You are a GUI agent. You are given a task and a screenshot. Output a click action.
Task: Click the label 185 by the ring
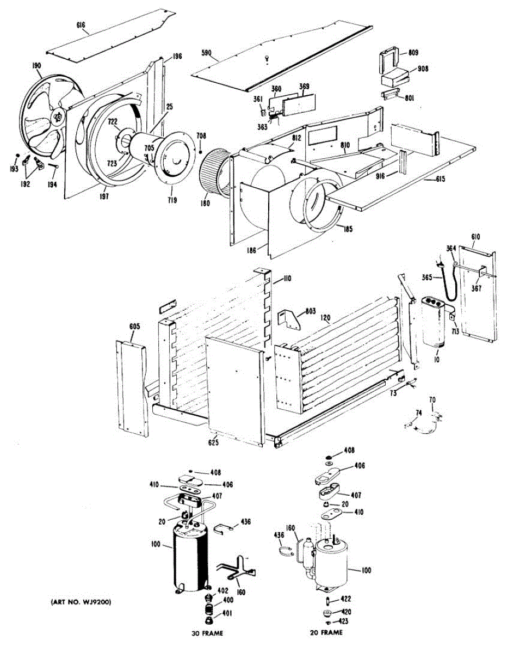click(348, 230)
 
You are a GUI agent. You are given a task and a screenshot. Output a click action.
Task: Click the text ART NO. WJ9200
click(82, 602)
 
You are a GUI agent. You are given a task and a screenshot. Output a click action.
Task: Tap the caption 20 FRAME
click(326, 633)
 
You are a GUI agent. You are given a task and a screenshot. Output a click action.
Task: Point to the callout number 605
click(135, 326)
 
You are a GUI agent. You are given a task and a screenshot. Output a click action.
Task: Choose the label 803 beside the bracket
click(310, 311)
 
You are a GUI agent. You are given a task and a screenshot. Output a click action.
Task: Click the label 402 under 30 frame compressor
click(222, 590)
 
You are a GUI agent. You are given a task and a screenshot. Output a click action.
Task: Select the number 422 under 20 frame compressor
click(345, 599)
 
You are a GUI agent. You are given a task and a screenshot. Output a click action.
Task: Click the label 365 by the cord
click(426, 278)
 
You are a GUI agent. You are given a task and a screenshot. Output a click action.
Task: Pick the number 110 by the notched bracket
click(287, 279)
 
